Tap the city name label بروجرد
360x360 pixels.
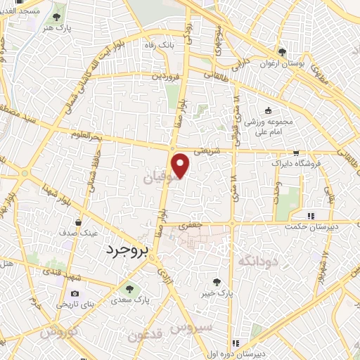point(129,250)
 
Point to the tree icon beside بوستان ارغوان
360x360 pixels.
point(282,52)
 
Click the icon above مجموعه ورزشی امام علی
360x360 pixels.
point(267,111)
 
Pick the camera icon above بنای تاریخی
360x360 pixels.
point(74,293)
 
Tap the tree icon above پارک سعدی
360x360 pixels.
point(128,289)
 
